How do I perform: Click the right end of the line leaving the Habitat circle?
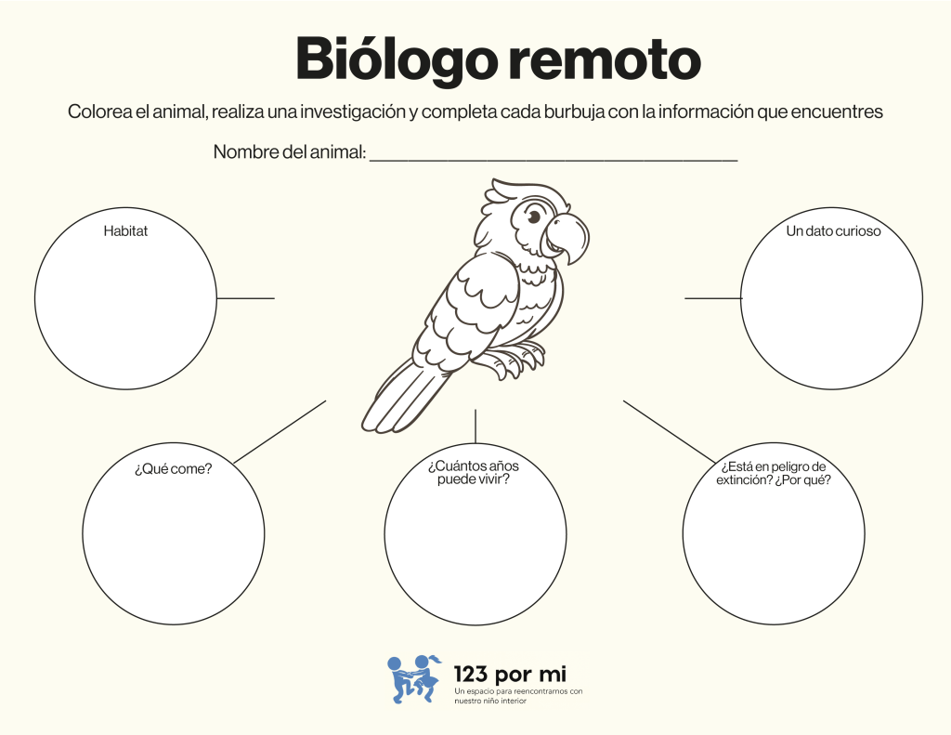pos(274,298)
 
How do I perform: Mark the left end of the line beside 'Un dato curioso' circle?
pos(685,298)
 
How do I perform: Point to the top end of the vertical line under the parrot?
pos(475,410)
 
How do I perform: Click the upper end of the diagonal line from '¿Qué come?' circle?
pos(326,400)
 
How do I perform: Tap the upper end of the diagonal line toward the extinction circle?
pos(623,400)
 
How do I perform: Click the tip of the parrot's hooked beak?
pos(569,264)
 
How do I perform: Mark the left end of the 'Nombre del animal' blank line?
pos(370,160)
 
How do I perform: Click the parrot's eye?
pos(533,216)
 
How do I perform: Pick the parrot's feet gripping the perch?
pos(515,358)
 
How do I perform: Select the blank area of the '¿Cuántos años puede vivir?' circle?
pos(475,546)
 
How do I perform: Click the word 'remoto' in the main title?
pos(604,59)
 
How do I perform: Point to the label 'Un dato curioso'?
pos(833,230)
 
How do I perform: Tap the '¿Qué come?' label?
pos(174,468)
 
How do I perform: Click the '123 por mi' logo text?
pos(510,675)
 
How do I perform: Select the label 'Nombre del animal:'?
pos(290,151)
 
